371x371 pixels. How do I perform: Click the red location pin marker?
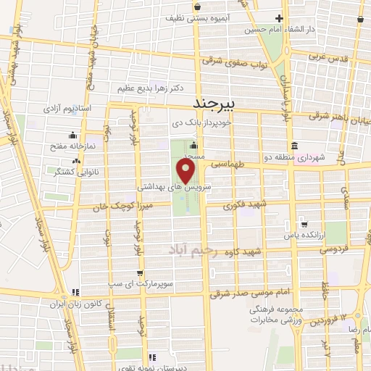(187, 171)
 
